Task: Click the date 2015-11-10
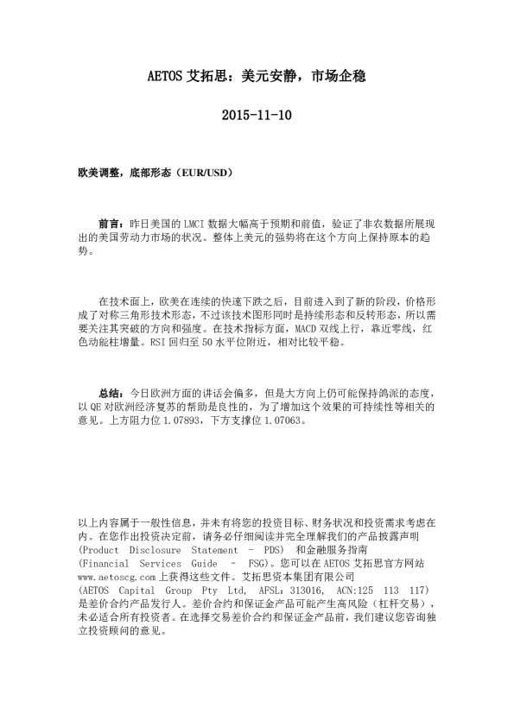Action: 257,114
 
